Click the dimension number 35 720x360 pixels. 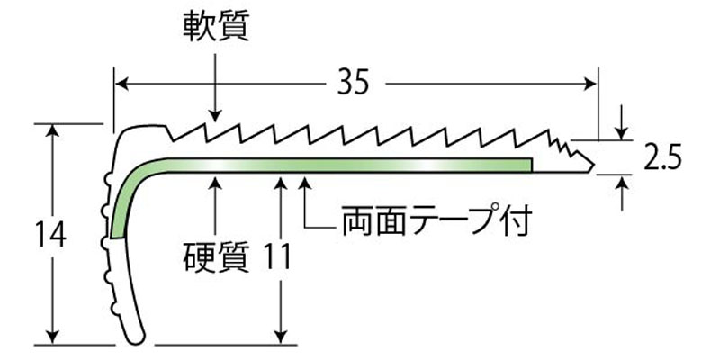355,84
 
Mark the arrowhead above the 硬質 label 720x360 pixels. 214,183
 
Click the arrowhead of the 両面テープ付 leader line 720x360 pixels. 305,183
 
